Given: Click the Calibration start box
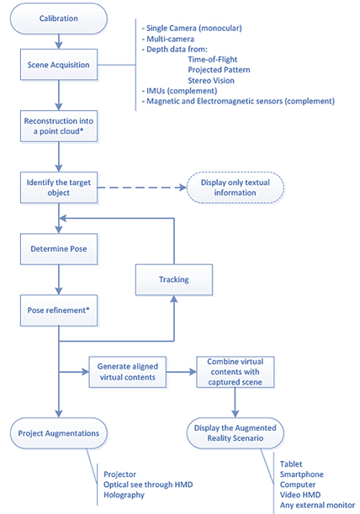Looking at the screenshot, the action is (x=59, y=19).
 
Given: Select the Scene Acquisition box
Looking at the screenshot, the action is (x=59, y=65).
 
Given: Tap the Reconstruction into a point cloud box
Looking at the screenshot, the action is (x=59, y=126).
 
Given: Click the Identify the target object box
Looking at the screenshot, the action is (x=59, y=188).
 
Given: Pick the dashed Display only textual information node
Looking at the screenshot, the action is (x=235, y=188).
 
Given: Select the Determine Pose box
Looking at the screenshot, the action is (x=59, y=249).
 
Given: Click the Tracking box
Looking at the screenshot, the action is (x=174, y=279).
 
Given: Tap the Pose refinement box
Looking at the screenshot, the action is (x=59, y=310).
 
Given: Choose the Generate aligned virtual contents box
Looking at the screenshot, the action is (x=128, y=372).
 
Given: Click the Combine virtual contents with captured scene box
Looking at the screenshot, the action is (x=235, y=372).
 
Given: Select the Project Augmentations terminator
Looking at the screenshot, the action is (x=59, y=433).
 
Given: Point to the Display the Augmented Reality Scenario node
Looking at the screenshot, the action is (x=235, y=433).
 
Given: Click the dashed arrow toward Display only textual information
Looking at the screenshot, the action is (x=142, y=188).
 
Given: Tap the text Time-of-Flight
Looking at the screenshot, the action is (x=213, y=60).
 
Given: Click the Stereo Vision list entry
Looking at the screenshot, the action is (x=211, y=80).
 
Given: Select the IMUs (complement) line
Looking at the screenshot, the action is (x=179, y=91).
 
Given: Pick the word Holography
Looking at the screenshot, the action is (x=124, y=495).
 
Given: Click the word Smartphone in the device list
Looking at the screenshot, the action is (x=302, y=474).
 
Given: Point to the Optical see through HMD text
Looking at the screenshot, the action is (x=148, y=485).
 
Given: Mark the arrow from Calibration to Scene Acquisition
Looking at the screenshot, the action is (x=59, y=41).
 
